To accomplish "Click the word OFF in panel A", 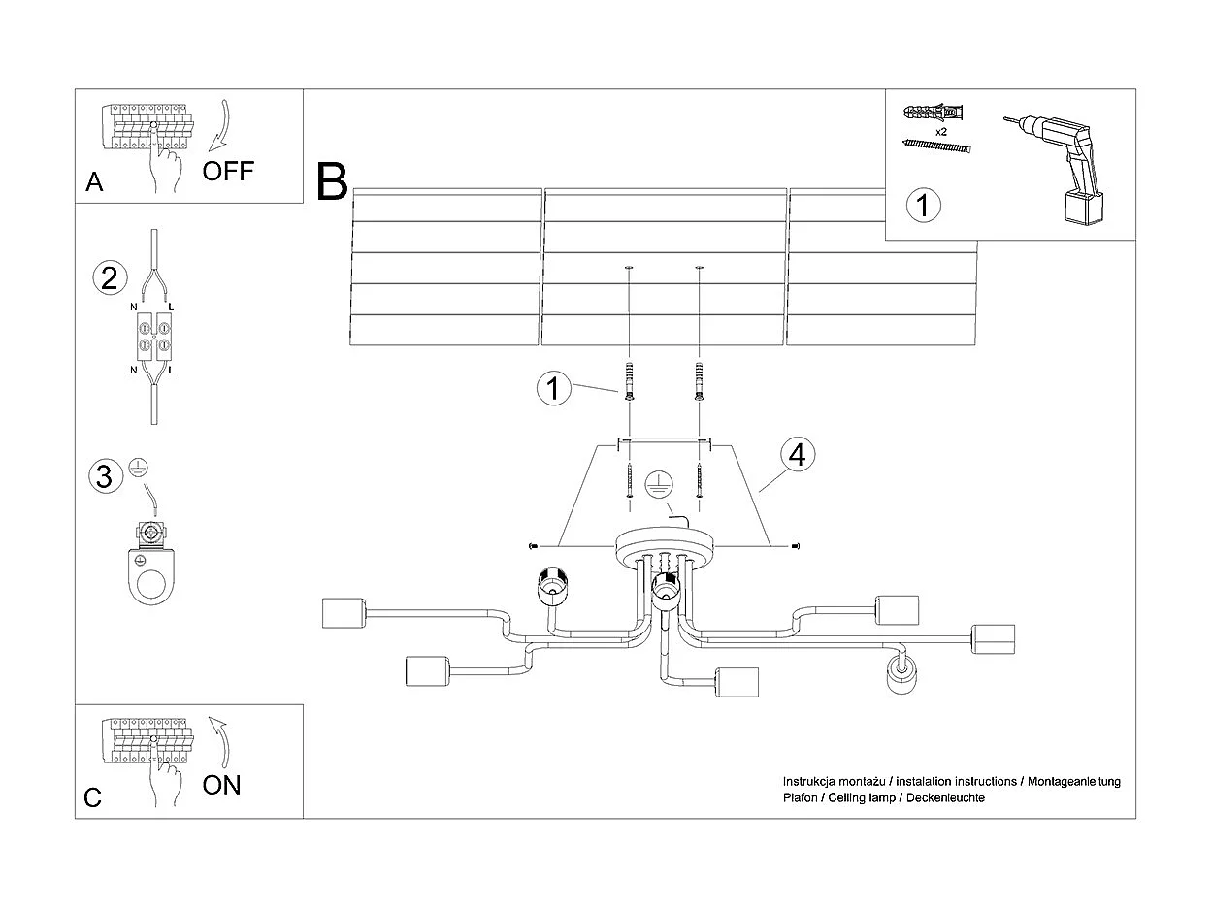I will point(228,172).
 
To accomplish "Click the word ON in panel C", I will point(222,785).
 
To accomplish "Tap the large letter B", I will point(332,182).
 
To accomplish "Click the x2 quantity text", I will point(940,130).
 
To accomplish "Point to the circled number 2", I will point(110,278).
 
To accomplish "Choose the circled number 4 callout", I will point(798,455).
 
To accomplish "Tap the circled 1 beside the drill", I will point(923,206).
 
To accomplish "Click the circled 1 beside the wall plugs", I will point(553,389).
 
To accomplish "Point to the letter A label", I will point(94,182).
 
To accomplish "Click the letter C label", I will point(93,797).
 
